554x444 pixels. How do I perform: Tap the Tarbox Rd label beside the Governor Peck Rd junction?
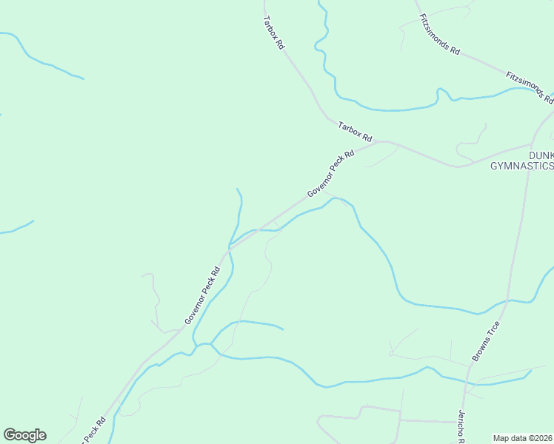[x=355, y=132]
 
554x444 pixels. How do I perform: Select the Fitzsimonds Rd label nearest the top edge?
[x=440, y=34]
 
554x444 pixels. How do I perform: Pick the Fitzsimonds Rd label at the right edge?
[x=530, y=87]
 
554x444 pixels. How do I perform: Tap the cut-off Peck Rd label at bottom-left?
[x=92, y=430]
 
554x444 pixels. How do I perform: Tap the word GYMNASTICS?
[x=522, y=166]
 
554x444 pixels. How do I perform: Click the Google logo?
[x=24, y=435]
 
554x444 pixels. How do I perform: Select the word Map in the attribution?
[x=501, y=437]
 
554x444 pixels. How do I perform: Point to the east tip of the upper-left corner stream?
[x=83, y=78]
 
